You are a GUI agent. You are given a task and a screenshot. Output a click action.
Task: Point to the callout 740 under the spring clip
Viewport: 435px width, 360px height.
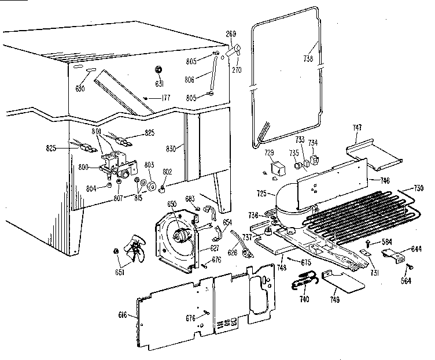point(304,299)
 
